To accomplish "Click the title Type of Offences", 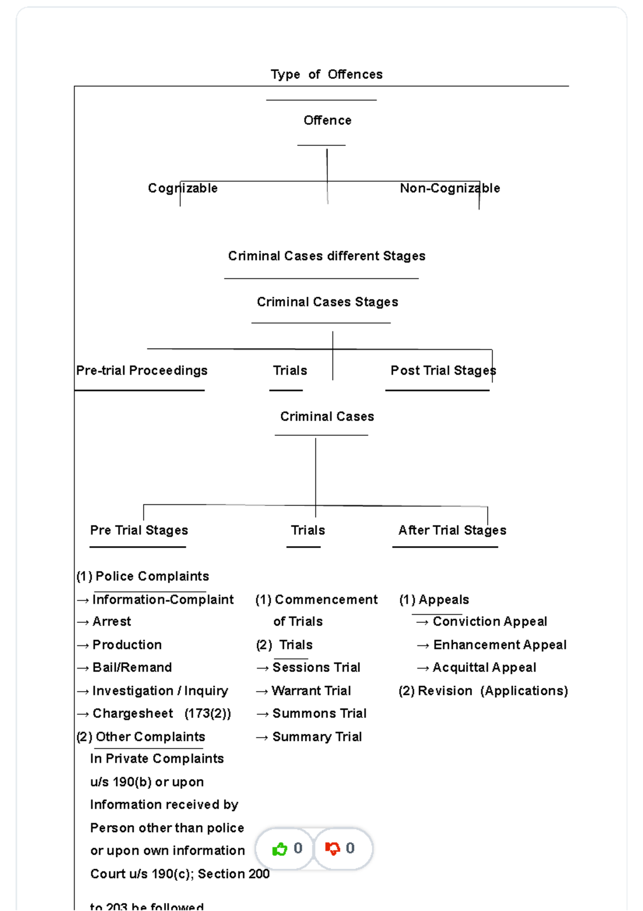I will (326, 75).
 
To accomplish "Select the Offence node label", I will (327, 121).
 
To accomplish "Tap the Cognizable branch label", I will (183, 188).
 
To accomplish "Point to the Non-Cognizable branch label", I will (450, 188).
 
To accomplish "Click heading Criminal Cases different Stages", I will (326, 256).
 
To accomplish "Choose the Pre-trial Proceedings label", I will (141, 371).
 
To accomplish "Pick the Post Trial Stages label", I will (443, 371).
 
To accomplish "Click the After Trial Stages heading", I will (452, 531).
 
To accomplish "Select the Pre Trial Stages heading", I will (139, 531).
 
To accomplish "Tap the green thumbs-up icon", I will (280, 849).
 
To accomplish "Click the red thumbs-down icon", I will (332, 849).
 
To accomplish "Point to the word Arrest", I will (111, 622).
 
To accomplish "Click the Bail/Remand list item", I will (132, 668).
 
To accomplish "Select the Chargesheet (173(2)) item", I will (161, 714).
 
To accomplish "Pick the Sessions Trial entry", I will (316, 668).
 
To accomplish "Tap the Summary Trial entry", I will (317, 737).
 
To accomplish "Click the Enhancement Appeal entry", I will (499, 645).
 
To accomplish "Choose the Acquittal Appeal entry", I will (484, 668).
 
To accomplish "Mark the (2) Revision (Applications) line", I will (483, 691).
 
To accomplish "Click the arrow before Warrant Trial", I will (261, 692).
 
